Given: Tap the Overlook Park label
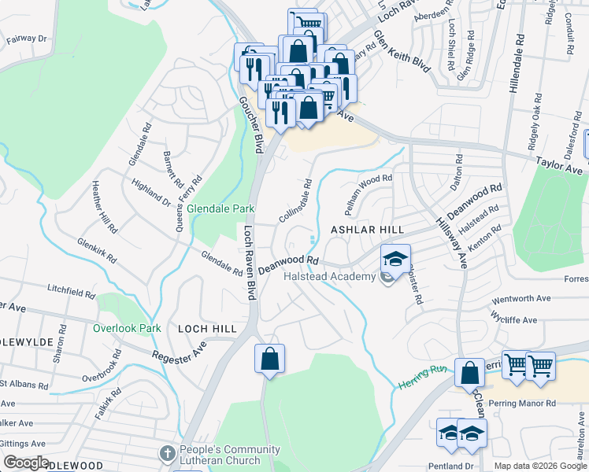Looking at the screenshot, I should [127, 328].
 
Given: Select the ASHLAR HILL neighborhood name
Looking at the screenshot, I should [367, 229].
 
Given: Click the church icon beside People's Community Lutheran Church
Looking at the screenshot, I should [166, 453].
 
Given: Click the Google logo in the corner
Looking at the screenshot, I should [26, 463].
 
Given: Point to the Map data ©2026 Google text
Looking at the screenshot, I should [540, 466].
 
